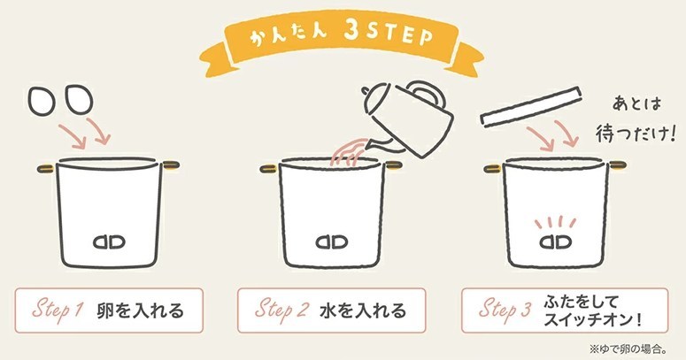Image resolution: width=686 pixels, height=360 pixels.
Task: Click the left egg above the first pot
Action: pos(42,101)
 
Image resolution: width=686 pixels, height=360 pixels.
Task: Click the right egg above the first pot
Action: pos(79,98)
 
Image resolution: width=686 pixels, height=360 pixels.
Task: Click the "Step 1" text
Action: pos(58,310)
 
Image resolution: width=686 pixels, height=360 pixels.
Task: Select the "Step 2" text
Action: pos(281,310)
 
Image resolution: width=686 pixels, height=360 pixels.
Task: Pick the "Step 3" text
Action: pos(505,310)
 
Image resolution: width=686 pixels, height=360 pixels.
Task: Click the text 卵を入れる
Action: pos(140,310)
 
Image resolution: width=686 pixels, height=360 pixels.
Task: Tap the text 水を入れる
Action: pos(363,310)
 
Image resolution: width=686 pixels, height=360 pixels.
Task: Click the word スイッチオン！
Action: pos(593,320)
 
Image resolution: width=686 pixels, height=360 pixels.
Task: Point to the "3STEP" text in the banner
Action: pos(389,34)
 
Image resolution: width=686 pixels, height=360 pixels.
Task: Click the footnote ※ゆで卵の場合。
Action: pos(628,349)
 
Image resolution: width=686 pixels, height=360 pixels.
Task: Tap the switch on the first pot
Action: pos(110,241)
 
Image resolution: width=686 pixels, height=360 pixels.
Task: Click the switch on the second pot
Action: pos(332,241)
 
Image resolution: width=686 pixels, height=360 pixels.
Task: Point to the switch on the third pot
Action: pos(556,241)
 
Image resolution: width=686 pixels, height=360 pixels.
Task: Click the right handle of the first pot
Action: pos(171,165)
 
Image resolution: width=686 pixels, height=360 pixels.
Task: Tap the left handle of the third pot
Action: pos(493,168)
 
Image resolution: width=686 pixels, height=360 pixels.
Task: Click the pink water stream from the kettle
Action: pos(349,152)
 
